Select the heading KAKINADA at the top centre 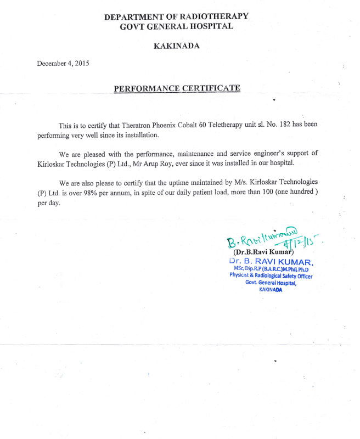pos(177,46)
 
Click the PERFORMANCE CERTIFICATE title pos(177,88)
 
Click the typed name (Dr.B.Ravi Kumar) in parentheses pos(263,251)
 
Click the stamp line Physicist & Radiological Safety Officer pos(272,276)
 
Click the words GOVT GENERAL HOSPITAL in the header pos(177,26)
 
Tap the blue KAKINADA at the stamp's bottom pos(271,290)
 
